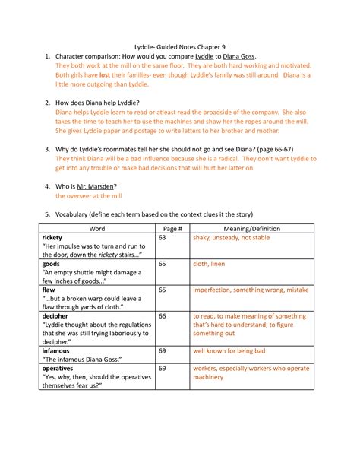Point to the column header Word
(97, 227)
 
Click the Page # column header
(171, 227)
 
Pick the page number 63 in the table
(162, 238)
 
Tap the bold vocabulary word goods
(53, 265)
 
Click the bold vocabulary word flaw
(50, 290)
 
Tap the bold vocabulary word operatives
(62, 369)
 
